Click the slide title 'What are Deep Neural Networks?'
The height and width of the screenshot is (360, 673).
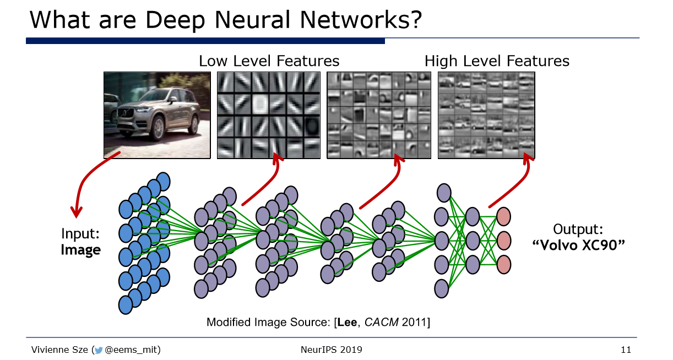(226, 20)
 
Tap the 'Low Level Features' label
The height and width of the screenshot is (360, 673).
(269, 61)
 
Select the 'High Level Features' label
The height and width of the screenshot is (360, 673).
(497, 61)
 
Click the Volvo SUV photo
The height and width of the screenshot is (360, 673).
(157, 115)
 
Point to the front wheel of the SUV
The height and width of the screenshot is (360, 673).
(158, 128)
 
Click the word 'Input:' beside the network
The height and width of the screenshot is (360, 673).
(80, 233)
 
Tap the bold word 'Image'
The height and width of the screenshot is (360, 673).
(80, 250)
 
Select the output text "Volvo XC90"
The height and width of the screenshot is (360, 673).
(578, 246)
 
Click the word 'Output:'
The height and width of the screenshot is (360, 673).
(578, 229)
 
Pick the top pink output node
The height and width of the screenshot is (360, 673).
(503, 216)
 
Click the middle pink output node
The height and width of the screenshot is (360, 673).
(503, 241)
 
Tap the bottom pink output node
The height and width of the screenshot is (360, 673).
(503, 265)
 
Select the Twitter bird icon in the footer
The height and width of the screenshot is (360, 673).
(98, 350)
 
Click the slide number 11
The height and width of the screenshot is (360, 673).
(626, 350)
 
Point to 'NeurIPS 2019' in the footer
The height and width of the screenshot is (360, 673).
(332, 350)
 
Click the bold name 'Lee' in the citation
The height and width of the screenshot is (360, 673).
(348, 322)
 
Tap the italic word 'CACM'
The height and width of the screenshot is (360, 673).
(382, 322)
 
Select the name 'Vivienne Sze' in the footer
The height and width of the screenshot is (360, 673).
(59, 350)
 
